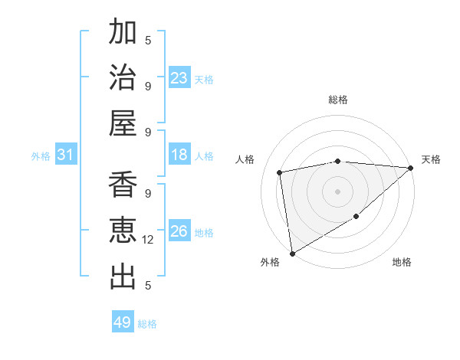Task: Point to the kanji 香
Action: click(x=123, y=186)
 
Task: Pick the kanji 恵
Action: click(x=123, y=231)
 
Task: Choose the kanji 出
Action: click(x=123, y=277)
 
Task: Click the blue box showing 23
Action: click(x=179, y=78)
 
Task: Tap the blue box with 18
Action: click(x=179, y=155)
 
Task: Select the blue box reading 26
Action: click(x=179, y=231)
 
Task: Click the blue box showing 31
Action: click(x=65, y=155)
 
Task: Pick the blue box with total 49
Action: click(x=123, y=322)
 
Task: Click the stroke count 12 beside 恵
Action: click(x=149, y=240)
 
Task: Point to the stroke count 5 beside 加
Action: click(x=149, y=40)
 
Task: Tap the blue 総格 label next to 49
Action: click(x=148, y=324)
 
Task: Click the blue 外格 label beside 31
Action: click(x=41, y=156)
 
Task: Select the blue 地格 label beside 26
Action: click(x=205, y=233)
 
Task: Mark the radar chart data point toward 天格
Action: click(x=411, y=169)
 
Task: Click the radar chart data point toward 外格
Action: click(x=292, y=253)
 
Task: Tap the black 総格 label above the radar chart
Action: click(x=338, y=100)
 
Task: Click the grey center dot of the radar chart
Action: click(x=337, y=190)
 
